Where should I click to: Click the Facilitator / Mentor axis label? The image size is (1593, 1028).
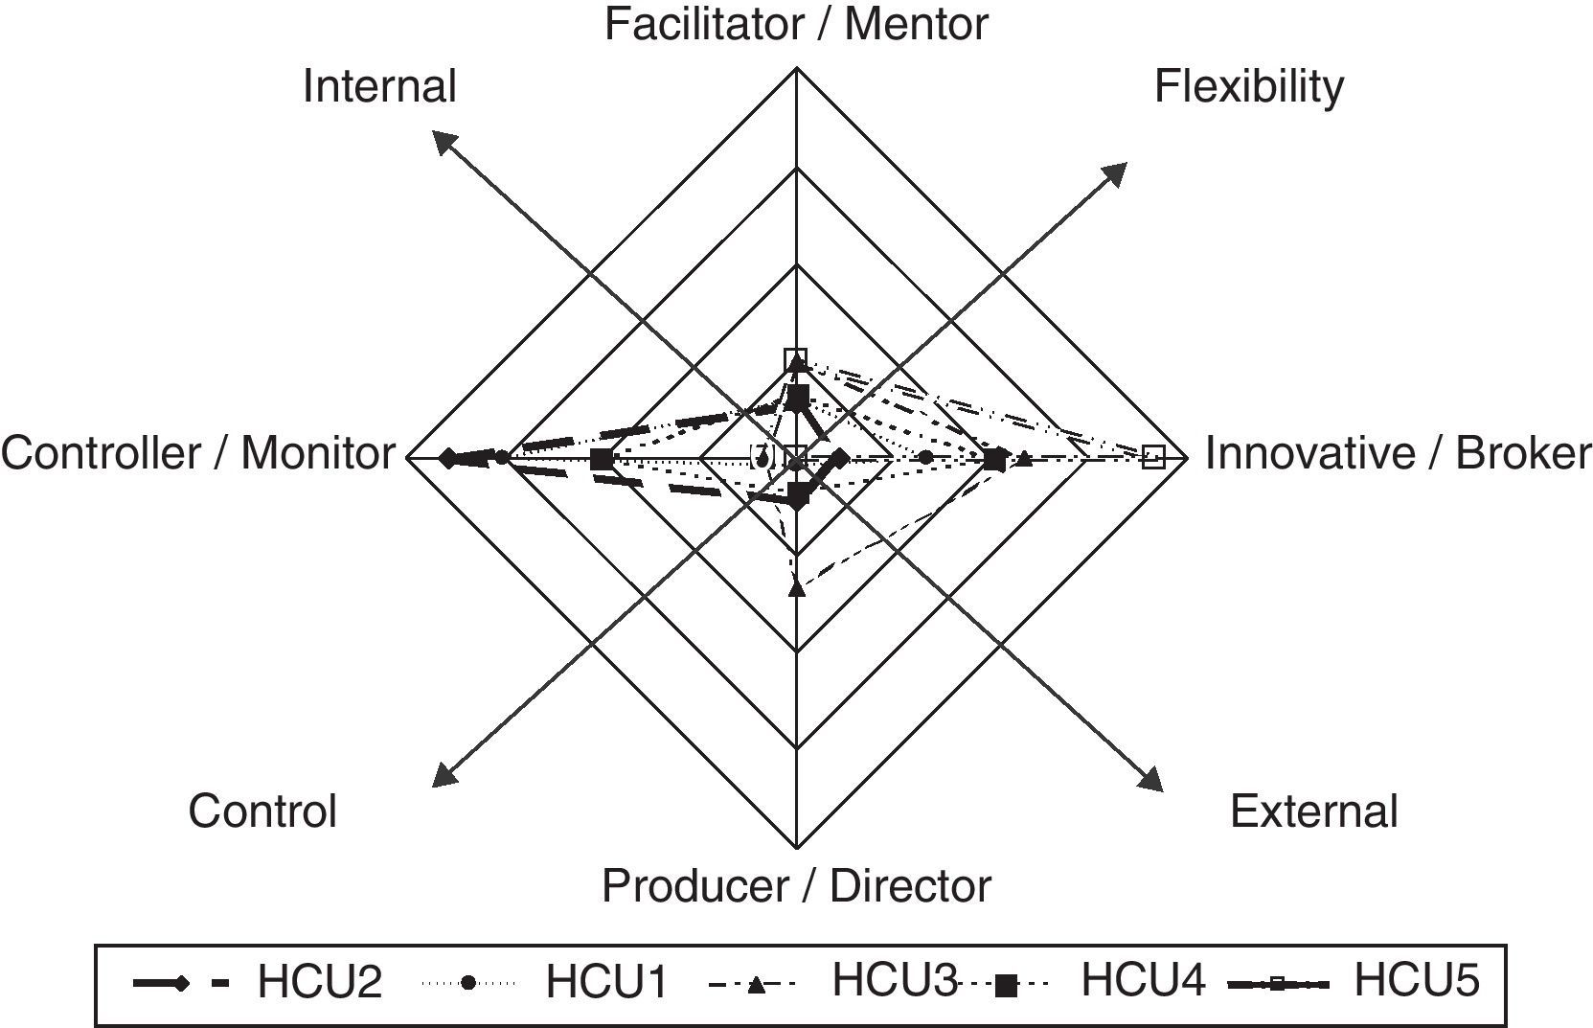pos(796,23)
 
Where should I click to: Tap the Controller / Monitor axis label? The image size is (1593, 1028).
pos(197,452)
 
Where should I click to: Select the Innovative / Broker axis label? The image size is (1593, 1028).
pos(1397,452)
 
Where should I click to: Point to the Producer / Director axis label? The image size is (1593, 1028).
pos(796,885)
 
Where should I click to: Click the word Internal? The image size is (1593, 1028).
pos(379,86)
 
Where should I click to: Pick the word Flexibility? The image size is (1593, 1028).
pos(1248,86)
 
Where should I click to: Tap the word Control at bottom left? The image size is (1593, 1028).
pos(262,811)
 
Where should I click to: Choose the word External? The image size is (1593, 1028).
pos(1313,811)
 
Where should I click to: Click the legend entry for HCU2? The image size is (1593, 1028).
pos(319,982)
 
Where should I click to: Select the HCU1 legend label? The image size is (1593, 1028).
pos(606,982)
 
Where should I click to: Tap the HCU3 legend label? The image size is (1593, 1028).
pos(893,980)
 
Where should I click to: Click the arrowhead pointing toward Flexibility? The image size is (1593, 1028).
pos(1115,173)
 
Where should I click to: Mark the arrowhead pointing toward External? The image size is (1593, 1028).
pos(1150,779)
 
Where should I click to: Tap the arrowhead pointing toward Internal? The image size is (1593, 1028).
pos(443,141)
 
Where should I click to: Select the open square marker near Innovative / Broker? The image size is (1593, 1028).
pos(1153,456)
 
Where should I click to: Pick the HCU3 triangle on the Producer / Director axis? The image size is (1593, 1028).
pos(796,586)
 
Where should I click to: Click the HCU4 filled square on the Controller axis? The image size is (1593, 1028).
pos(601,460)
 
